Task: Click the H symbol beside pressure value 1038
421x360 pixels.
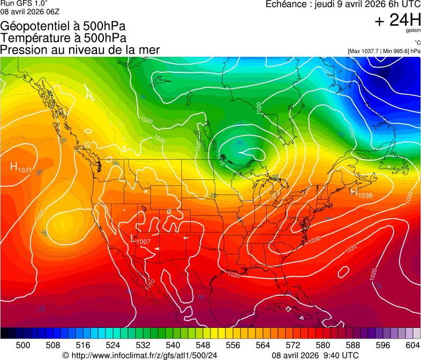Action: [x=354, y=192]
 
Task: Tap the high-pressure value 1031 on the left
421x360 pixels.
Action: [x=25, y=170]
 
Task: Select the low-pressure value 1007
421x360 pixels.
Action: [x=144, y=242]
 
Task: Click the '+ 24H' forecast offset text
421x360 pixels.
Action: [x=398, y=20]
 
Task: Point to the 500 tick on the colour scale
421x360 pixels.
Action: [x=23, y=345]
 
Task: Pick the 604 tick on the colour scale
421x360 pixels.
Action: [x=412, y=345]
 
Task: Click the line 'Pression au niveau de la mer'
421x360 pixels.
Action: [x=80, y=50]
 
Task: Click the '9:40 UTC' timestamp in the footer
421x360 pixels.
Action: [x=343, y=355]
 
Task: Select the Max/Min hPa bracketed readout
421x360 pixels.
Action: [x=384, y=51]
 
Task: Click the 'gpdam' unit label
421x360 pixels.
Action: [x=413, y=31]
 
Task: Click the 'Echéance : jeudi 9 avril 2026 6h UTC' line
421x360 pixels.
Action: [x=343, y=4]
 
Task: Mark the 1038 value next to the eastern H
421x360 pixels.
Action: [x=365, y=196]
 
